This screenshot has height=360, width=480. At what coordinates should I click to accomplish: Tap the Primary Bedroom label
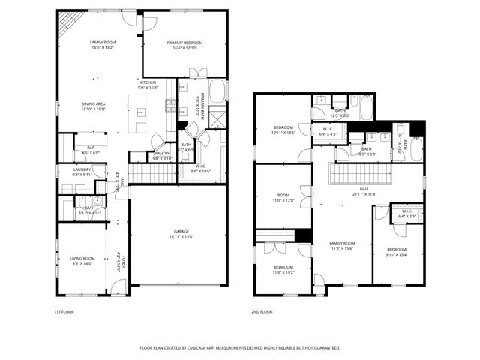click(184, 45)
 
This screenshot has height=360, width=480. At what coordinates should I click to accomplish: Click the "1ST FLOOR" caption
click(64, 312)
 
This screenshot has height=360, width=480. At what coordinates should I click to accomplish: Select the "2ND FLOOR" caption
click(262, 312)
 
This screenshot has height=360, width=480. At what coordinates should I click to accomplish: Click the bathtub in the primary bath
click(218, 92)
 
